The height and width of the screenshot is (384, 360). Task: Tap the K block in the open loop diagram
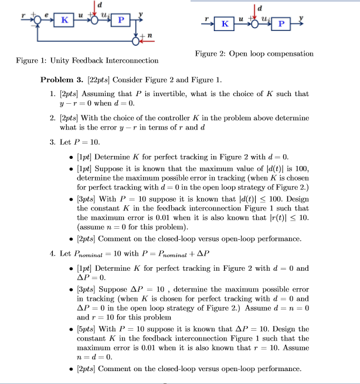point(224,24)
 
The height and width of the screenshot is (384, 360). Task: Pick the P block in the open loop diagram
point(281,24)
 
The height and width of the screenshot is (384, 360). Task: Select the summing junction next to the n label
point(138,41)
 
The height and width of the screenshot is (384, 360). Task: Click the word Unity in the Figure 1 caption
point(62,60)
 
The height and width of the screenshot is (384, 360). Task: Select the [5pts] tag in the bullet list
point(87,329)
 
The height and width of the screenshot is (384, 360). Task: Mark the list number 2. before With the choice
point(53,118)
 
